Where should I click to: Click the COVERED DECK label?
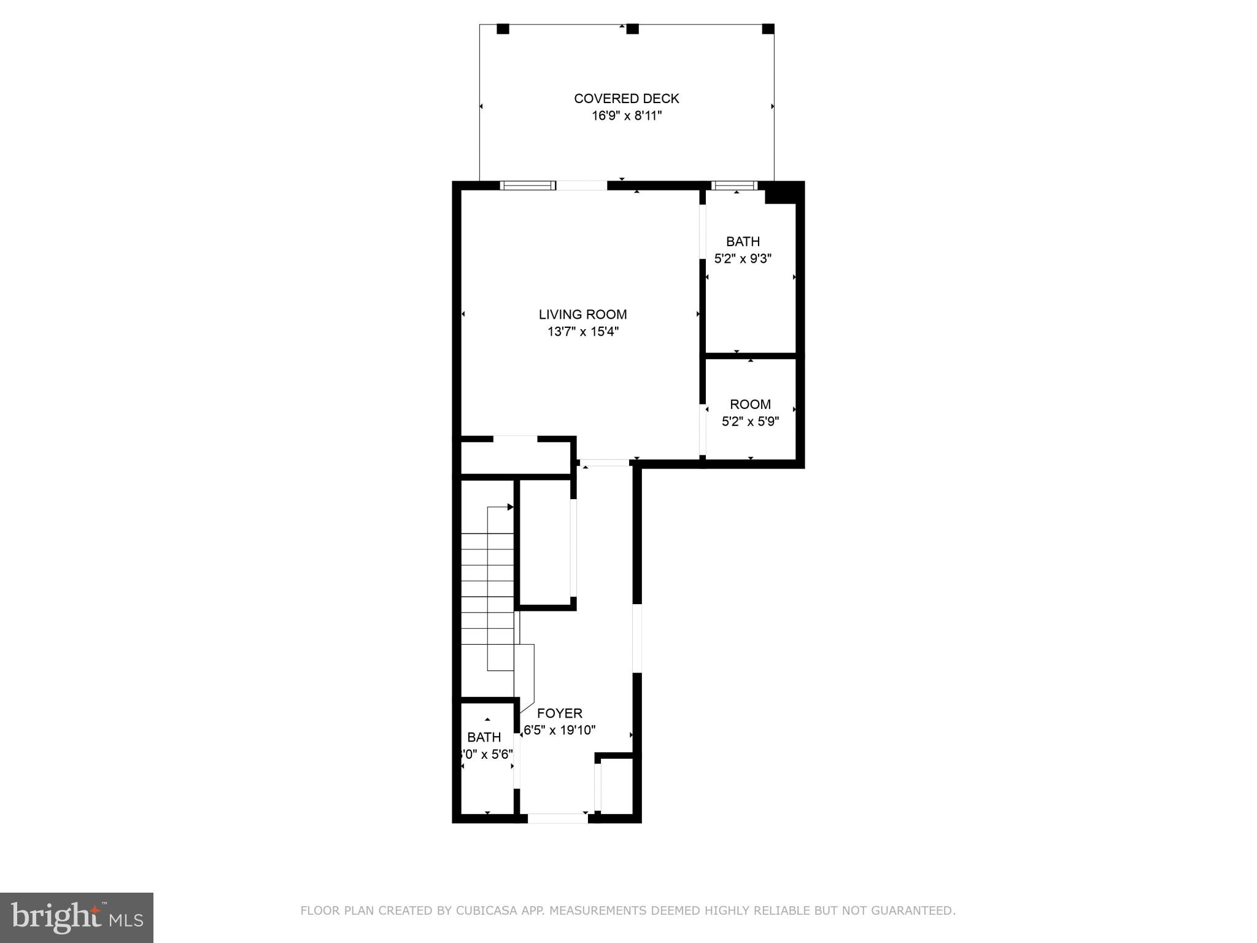coord(626,98)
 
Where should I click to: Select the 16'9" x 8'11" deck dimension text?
coord(626,116)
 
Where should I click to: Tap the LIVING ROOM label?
coord(582,314)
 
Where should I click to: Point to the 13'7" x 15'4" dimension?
coord(582,332)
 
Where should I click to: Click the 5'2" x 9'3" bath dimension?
coord(743,259)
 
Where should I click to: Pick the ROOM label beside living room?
coord(750,405)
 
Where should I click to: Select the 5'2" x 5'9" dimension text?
coord(750,422)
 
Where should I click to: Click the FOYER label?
coord(559,713)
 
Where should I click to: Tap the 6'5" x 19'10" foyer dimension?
coord(559,731)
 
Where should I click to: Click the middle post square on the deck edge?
coord(632,29)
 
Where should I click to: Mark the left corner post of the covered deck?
coord(503,29)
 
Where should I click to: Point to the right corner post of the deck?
coord(768,29)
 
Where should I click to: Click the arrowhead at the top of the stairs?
coord(510,507)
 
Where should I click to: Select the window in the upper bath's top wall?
coord(734,185)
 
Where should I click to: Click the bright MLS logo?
coord(77,918)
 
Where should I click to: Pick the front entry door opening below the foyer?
coord(557,818)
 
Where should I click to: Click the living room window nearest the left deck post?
coord(528,185)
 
